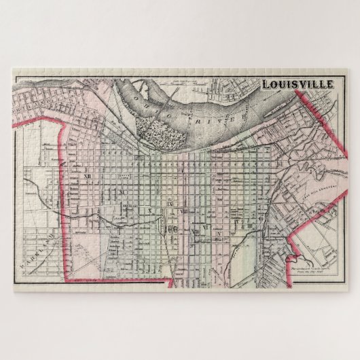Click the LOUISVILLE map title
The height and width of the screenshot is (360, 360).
tap(298, 84)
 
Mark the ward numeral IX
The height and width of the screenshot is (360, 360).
tap(170, 204)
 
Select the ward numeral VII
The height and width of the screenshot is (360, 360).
tap(196, 232)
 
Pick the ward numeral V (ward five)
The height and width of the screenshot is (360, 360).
tap(220, 232)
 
